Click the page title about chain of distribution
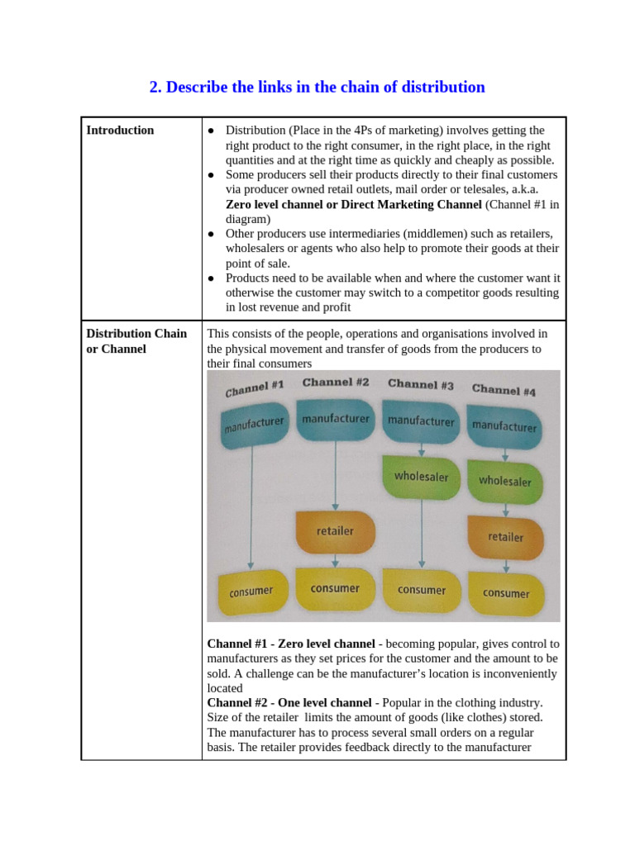[x=317, y=87]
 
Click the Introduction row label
[x=120, y=130]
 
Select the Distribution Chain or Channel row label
[x=136, y=341]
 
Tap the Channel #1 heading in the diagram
[x=255, y=387]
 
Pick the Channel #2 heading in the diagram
[x=336, y=383]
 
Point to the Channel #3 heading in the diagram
[x=420, y=384]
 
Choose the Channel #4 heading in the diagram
[x=504, y=389]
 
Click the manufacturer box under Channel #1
[x=253, y=425]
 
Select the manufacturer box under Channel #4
[x=504, y=426]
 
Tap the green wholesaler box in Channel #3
[x=421, y=477]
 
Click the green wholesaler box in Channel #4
[x=504, y=481]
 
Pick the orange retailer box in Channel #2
[x=335, y=531]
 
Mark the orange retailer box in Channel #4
[x=505, y=537]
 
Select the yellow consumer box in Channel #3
[x=421, y=590]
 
